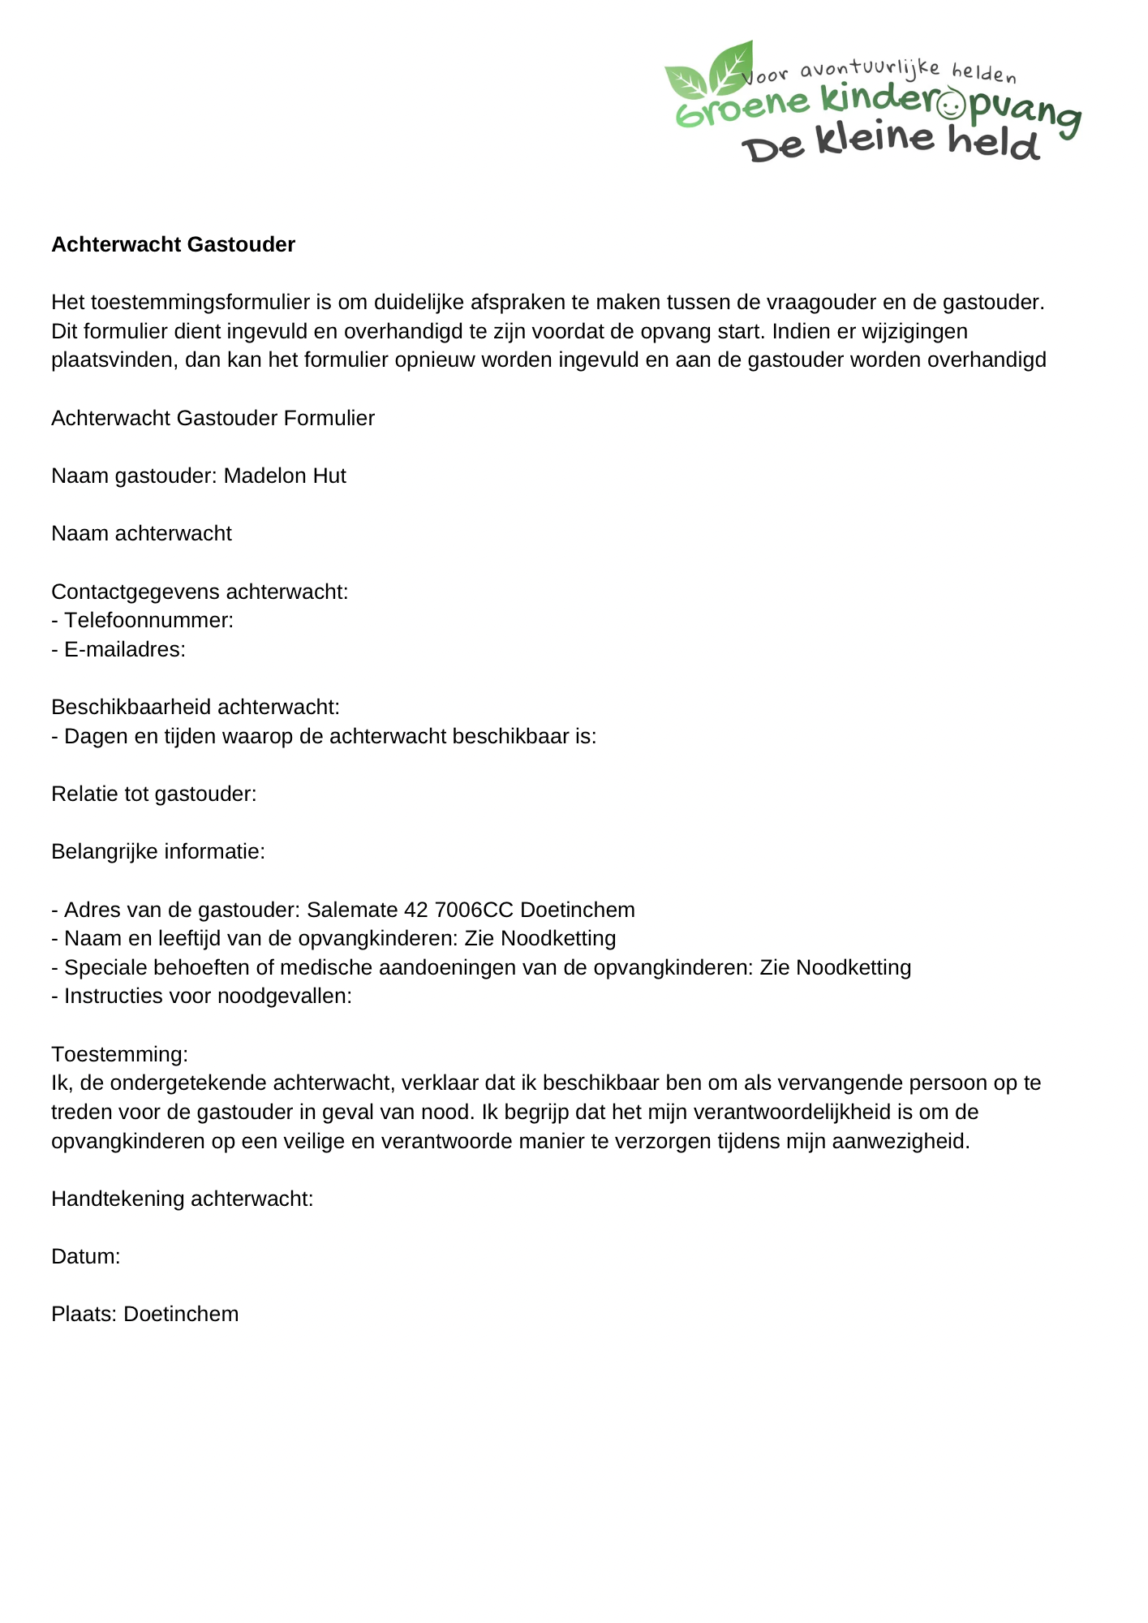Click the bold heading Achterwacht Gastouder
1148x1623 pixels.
173,244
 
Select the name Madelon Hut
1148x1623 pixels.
285,476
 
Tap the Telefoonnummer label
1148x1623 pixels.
148,620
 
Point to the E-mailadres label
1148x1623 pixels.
125,649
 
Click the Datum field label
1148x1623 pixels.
85,1256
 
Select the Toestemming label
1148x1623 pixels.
119,1054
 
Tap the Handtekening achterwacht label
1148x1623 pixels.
182,1199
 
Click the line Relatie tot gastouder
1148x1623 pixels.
153,794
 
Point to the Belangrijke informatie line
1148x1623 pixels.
158,851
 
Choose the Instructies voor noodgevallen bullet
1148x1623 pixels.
207,996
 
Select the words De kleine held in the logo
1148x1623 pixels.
890,143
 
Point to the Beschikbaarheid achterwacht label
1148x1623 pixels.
195,707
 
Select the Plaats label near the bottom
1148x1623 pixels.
85,1314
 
